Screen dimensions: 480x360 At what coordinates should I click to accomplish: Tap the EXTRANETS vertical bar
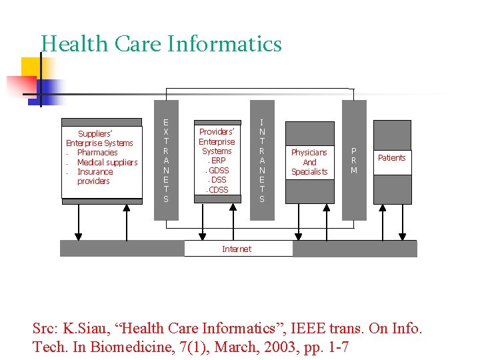[166, 160]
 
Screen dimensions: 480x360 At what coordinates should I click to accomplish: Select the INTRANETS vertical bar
[262, 160]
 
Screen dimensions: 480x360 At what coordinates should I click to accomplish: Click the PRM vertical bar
[354, 160]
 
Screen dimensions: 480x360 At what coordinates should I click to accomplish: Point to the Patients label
[391, 158]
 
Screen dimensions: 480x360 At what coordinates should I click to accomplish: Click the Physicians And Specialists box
[309, 162]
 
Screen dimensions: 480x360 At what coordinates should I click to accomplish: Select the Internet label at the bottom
[237, 249]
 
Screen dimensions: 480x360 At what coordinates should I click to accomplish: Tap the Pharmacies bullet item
[97, 153]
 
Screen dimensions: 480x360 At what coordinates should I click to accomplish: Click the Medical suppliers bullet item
[107, 163]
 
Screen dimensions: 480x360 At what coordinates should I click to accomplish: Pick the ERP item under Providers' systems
[217, 161]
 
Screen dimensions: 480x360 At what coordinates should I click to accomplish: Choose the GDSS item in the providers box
[218, 171]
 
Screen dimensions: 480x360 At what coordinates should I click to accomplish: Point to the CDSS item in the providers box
[217, 190]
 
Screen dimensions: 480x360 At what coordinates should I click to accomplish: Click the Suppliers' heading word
[95, 133]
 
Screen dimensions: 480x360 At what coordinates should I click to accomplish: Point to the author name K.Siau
[86, 329]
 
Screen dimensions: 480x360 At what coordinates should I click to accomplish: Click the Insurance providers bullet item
[95, 177]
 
